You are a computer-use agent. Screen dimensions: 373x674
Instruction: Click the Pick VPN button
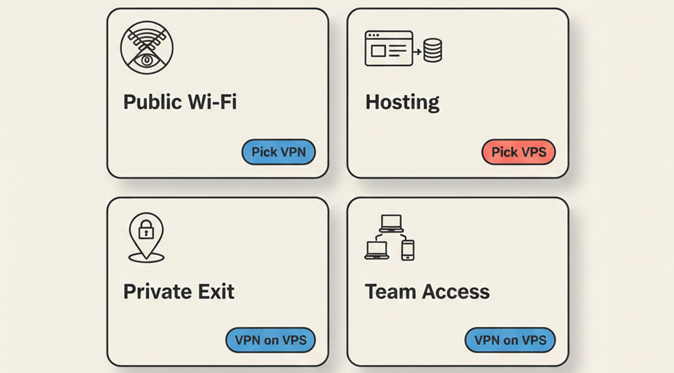[x=279, y=152]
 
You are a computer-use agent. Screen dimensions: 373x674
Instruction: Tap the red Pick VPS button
[x=518, y=152]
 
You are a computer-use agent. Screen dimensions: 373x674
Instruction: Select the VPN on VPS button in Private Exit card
[x=270, y=340]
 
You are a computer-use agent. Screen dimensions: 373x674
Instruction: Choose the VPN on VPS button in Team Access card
[x=510, y=340]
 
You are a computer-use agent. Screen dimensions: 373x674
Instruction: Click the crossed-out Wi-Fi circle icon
[x=147, y=47]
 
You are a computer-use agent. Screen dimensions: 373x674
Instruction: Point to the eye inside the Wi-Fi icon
[x=147, y=60]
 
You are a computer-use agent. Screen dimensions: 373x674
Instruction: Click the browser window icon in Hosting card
[x=389, y=48]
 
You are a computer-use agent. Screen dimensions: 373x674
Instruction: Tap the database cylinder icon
[x=432, y=50]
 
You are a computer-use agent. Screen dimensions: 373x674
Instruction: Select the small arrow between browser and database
[x=417, y=51]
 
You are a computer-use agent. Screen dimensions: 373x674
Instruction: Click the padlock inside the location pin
[x=146, y=230]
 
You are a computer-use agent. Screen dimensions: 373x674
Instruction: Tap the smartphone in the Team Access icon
[x=408, y=250]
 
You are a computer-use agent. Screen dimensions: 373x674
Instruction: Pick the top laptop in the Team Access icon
[x=391, y=223]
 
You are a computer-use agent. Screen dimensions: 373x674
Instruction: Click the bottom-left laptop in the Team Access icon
[x=377, y=250]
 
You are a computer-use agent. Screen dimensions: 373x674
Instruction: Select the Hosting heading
[x=402, y=102]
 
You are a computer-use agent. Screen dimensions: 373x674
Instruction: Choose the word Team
[x=390, y=292]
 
